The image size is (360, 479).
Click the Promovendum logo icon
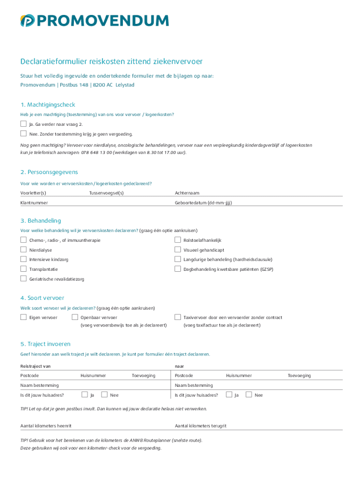[27, 21]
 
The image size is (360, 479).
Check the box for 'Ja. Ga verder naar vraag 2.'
[23, 124]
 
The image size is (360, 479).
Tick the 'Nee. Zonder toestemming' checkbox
[23, 133]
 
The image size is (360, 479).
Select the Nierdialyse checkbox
[23, 250]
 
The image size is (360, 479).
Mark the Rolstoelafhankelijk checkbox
[178, 240]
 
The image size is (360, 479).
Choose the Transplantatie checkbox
[23, 269]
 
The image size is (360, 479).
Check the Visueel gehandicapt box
[178, 250]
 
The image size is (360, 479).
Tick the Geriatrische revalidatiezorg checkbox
[23, 279]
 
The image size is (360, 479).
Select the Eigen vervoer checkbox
[23, 317]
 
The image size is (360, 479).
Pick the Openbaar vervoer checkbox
[75, 317]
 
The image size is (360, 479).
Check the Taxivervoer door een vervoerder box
[178, 317]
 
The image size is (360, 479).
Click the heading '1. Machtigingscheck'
[47, 104]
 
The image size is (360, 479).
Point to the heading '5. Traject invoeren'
[45, 344]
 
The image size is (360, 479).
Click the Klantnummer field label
[34, 203]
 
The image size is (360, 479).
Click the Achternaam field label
[187, 193]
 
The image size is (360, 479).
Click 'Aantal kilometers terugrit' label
[201, 426]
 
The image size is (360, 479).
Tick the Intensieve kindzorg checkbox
[23, 259]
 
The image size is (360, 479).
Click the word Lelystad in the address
[125, 85]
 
